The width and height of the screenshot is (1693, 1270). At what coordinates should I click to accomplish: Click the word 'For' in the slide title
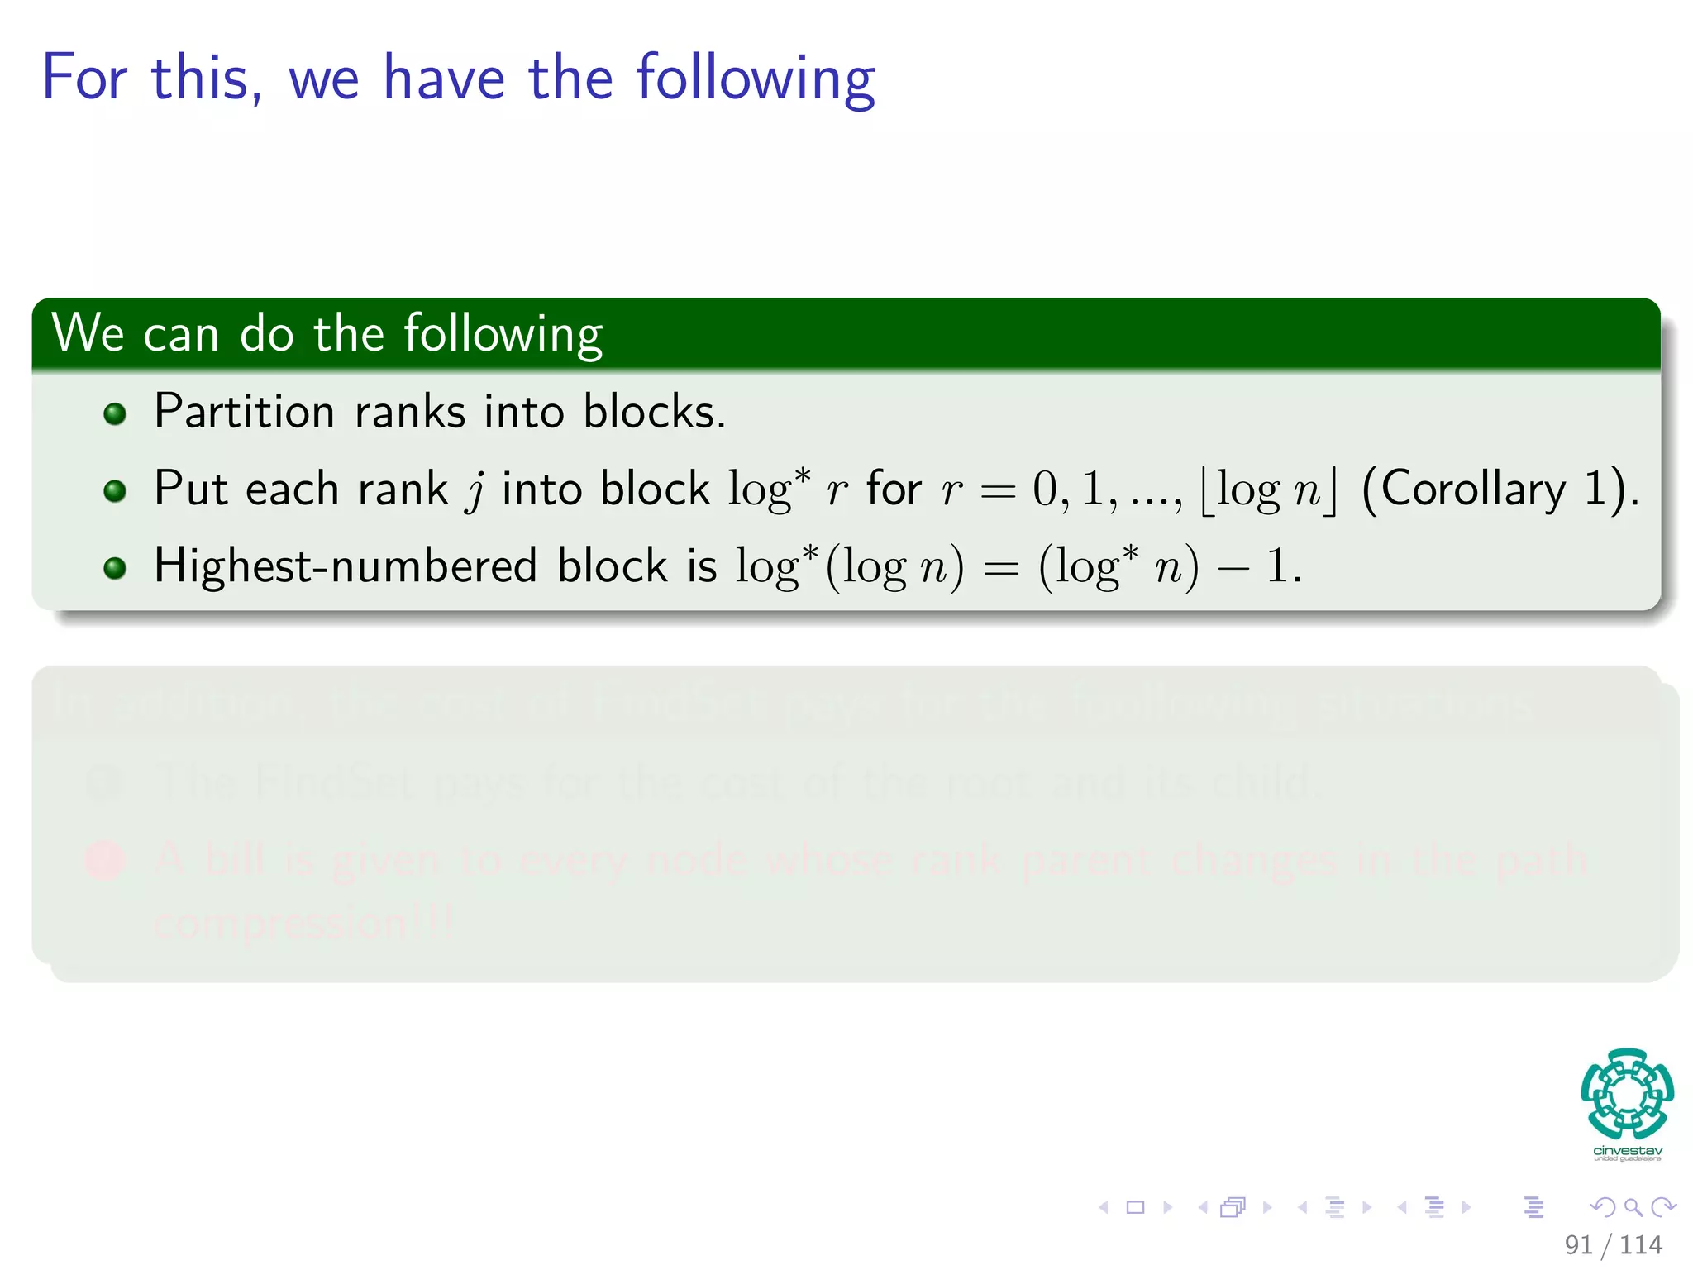pos(84,78)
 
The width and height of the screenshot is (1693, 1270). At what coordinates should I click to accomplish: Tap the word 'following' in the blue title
pos(756,79)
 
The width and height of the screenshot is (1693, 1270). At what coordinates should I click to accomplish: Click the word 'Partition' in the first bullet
pos(244,411)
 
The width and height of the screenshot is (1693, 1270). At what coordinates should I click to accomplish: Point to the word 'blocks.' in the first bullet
pos(654,411)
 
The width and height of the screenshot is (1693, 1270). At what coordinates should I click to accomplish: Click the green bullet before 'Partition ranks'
pos(115,413)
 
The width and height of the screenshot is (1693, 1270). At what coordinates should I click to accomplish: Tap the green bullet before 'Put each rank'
pos(115,491)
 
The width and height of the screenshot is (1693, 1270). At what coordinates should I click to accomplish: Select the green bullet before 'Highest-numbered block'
pos(115,568)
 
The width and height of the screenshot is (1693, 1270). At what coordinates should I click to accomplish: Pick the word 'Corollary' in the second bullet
pos(1474,488)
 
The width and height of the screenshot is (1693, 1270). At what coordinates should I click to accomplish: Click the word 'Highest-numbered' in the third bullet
pos(346,566)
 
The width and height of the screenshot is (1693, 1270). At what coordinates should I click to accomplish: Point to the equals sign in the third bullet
pos(1001,569)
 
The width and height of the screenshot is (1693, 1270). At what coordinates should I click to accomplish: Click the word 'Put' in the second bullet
pos(190,488)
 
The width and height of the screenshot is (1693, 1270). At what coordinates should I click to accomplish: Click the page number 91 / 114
pos(1613,1244)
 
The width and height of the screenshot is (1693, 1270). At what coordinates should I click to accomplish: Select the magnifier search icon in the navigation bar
pos(1633,1207)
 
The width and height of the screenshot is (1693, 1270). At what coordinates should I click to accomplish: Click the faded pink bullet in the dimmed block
pos(106,860)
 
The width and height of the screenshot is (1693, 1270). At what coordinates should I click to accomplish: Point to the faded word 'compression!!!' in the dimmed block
pos(303,921)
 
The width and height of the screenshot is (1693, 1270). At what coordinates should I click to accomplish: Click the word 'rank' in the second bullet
pos(403,489)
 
